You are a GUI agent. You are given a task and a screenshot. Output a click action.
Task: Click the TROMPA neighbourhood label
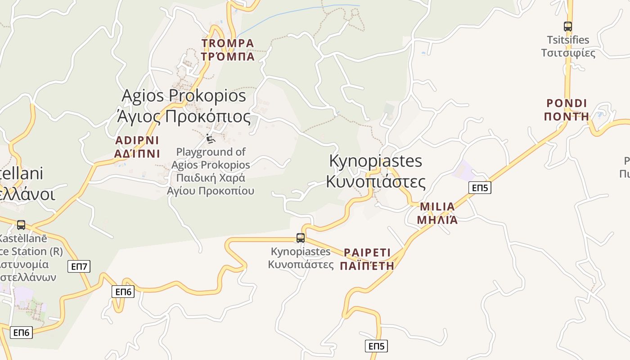tap(228, 49)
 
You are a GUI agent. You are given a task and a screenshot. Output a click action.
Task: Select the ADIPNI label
tap(137, 147)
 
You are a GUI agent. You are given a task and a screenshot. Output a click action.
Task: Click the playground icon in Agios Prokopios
tap(210, 139)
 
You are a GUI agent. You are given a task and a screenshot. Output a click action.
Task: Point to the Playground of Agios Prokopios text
tap(211, 171)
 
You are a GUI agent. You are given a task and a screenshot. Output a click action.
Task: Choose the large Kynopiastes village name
tap(376, 171)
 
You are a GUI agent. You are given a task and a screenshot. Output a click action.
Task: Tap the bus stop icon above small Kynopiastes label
tap(301, 238)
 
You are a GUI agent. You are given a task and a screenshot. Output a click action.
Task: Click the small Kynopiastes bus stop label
tap(301, 258)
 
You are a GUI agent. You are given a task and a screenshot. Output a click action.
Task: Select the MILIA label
tap(437, 213)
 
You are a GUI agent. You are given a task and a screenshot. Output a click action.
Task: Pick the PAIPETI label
tap(367, 259)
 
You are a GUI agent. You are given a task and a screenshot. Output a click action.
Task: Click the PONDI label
tap(567, 110)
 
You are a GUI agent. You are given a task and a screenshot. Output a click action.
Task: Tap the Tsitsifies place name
tap(568, 46)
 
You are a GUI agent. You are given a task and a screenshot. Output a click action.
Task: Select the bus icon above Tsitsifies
tap(568, 27)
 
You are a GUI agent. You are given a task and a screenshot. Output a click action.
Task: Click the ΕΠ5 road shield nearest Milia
tap(480, 188)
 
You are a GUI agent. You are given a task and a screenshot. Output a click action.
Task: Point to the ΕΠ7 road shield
tap(79, 266)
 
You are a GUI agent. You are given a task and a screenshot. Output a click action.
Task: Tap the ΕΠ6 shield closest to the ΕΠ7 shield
tap(123, 292)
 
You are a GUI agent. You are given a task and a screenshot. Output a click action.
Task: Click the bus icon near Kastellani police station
tap(21, 225)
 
